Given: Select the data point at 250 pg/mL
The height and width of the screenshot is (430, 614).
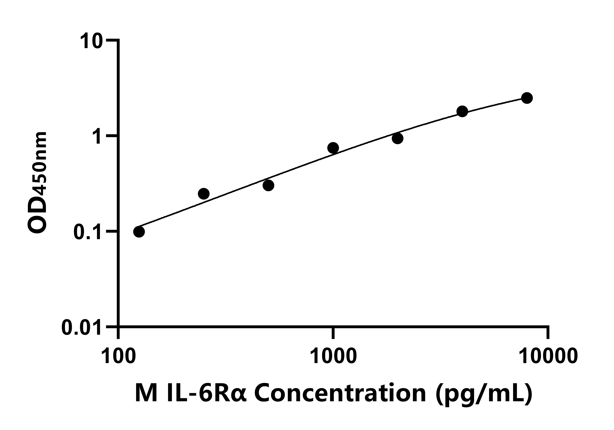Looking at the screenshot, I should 204,194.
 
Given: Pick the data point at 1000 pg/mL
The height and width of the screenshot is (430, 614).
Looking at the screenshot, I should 333,148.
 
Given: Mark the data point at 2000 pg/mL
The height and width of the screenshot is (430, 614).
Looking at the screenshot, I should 398,138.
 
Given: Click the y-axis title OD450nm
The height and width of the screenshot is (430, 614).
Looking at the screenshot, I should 37,183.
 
